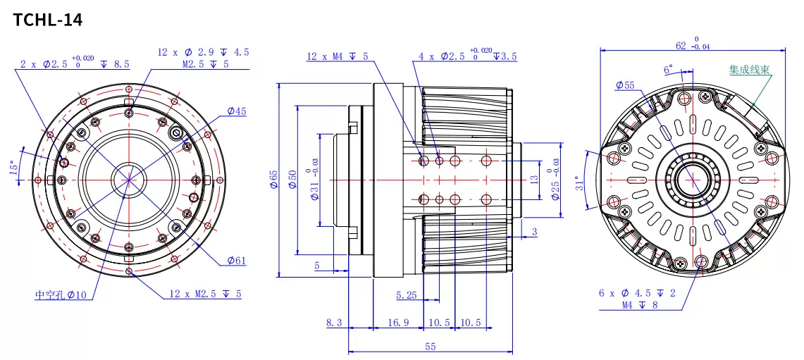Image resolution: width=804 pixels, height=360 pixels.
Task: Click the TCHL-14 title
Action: (48, 20)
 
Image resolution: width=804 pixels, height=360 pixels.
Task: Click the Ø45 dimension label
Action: (237, 111)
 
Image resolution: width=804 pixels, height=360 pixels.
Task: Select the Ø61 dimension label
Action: (237, 261)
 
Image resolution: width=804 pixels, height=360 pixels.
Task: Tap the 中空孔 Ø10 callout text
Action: (61, 295)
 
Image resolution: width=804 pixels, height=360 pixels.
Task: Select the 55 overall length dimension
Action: (430, 346)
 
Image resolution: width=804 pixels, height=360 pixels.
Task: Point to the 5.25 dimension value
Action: (407, 295)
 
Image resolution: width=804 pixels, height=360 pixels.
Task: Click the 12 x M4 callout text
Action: (337, 56)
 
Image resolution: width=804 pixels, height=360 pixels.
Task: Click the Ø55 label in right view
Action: (624, 85)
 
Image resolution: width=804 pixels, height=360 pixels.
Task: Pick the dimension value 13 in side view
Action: (534, 180)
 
